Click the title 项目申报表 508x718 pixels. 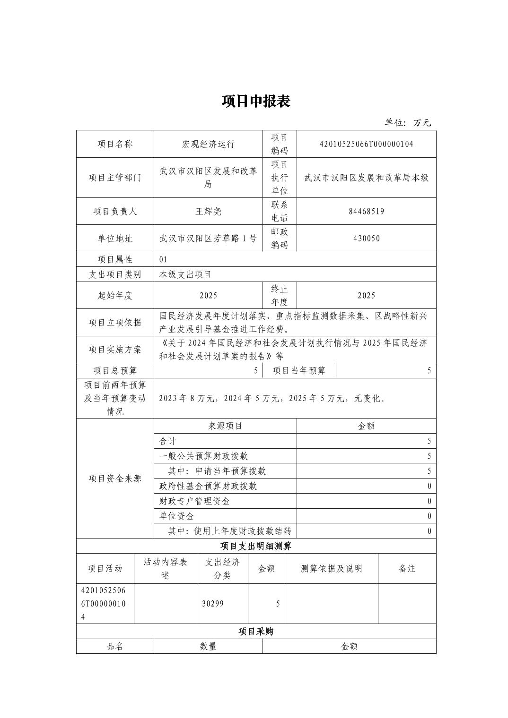(x=256, y=101)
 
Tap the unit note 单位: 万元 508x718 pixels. (x=408, y=123)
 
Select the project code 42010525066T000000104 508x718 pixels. (x=366, y=144)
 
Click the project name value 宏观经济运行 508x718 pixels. (x=208, y=144)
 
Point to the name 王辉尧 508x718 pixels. (x=208, y=211)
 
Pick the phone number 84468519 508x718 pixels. (x=366, y=211)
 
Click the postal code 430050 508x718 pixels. (x=366, y=238)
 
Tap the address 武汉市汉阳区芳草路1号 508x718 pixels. (x=208, y=238)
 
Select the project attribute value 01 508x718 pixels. (x=164, y=259)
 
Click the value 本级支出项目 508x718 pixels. (x=185, y=274)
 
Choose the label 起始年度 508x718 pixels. (x=115, y=295)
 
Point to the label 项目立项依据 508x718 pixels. (x=115, y=322)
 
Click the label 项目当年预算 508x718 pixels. (x=299, y=370)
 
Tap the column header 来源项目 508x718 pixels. (x=225, y=426)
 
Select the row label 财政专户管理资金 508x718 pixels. (x=195, y=501)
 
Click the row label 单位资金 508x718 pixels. (x=177, y=516)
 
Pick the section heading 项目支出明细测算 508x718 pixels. (x=256, y=546)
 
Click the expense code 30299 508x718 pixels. (x=213, y=603)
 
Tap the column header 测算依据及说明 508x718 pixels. (x=331, y=568)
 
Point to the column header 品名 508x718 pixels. (x=115, y=646)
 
